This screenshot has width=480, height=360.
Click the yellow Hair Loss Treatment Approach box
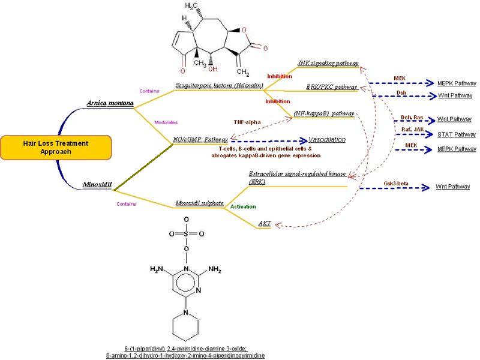click(56, 148)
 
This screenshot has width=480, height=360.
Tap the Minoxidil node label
click(97, 185)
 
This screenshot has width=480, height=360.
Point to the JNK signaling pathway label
click(328, 62)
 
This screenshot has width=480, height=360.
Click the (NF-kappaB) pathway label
click(324, 113)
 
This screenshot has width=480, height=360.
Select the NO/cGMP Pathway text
click(200, 139)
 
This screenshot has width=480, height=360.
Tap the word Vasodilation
click(327, 139)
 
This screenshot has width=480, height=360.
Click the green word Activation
click(243, 206)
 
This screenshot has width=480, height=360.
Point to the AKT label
click(265, 224)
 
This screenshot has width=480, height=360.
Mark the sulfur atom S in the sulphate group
click(187, 233)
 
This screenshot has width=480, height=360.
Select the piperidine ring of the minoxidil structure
click(187, 327)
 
